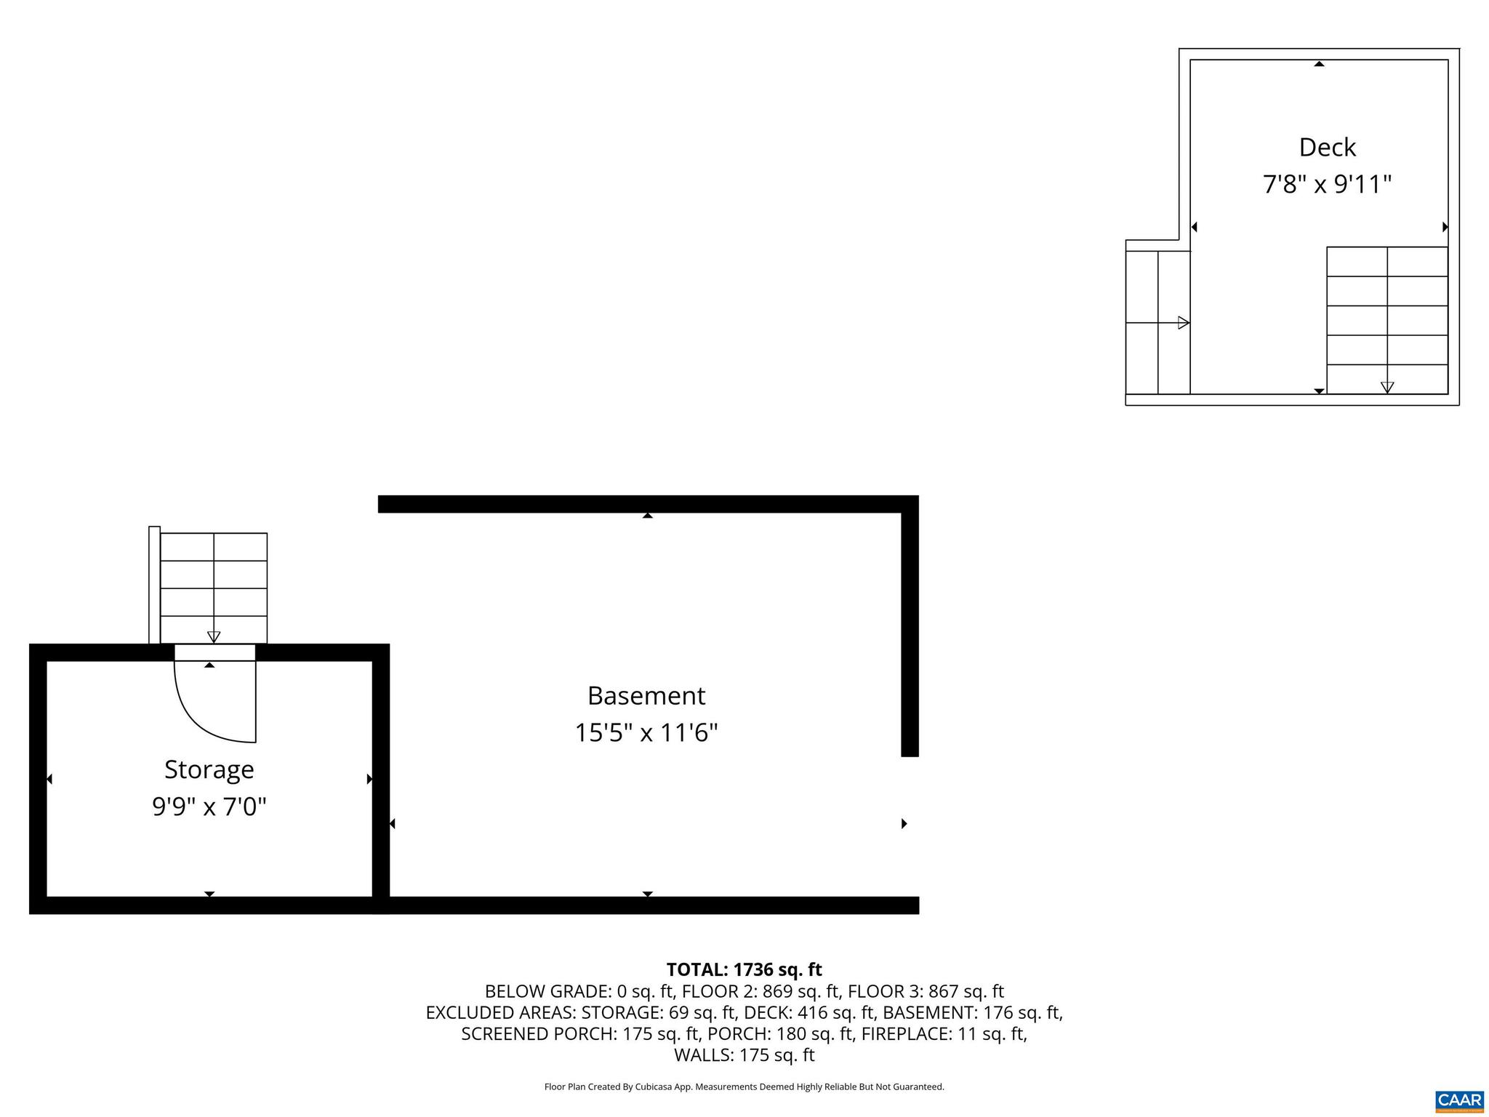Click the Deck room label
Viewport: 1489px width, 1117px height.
(1327, 148)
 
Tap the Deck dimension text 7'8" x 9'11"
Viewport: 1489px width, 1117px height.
(1327, 185)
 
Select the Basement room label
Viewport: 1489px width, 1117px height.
(646, 696)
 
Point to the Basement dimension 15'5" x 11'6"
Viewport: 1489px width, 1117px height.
(646, 733)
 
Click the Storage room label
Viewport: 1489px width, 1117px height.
(209, 769)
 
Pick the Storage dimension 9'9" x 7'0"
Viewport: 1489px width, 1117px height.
(209, 807)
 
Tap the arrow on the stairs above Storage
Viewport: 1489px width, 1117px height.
(214, 637)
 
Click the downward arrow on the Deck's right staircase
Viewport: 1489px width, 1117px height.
(1387, 387)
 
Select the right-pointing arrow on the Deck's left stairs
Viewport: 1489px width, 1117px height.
(1183, 323)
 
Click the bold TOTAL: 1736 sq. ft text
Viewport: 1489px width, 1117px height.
(744, 969)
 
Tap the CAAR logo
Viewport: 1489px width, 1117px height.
(1459, 1100)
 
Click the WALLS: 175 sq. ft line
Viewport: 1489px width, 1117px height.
(744, 1054)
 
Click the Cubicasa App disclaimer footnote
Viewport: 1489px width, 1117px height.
(744, 1087)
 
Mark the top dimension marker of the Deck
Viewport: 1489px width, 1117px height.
(1319, 64)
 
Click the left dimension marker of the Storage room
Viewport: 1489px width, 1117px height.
(49, 780)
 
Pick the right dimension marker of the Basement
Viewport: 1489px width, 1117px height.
(904, 824)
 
